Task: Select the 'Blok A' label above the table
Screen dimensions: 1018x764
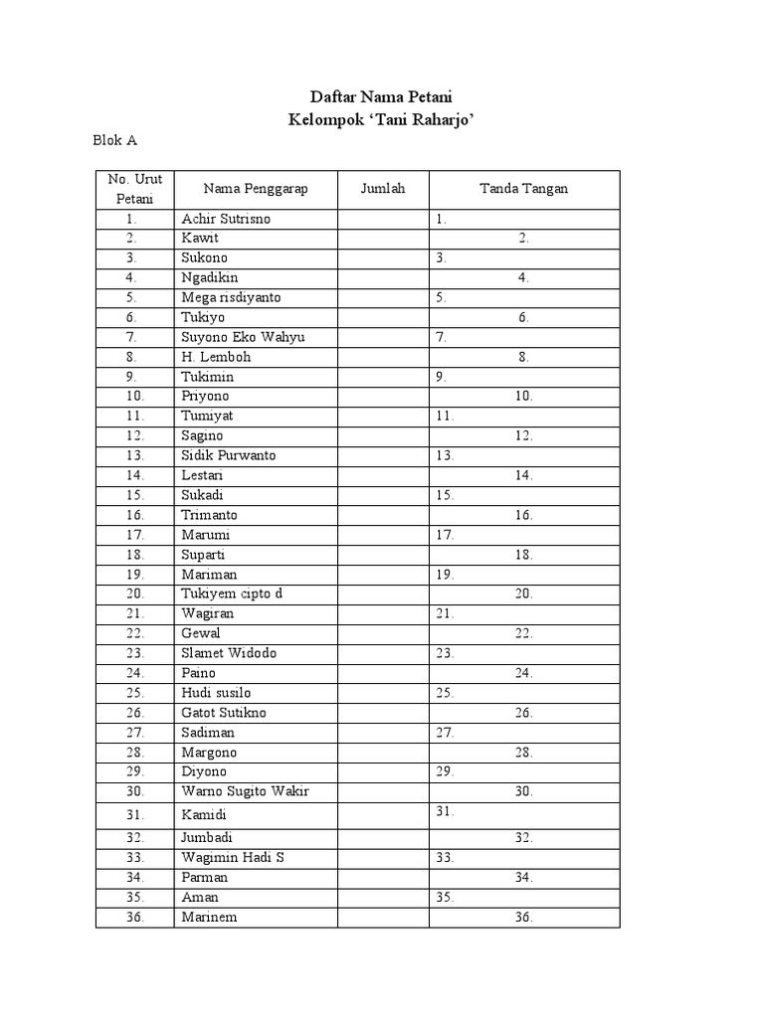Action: click(114, 140)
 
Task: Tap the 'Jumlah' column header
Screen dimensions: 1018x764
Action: click(383, 189)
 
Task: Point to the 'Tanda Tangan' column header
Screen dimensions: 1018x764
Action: click(523, 189)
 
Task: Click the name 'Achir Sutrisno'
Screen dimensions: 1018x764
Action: click(226, 219)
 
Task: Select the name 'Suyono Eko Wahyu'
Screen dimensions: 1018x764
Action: click(243, 337)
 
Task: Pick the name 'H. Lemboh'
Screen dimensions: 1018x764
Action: click(216, 357)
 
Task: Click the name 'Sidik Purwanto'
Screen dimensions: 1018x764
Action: click(229, 455)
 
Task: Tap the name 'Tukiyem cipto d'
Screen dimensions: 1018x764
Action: click(232, 594)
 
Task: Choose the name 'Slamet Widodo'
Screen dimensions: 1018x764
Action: click(229, 653)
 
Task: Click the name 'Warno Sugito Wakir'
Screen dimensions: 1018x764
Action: click(245, 791)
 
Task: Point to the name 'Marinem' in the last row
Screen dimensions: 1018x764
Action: click(209, 917)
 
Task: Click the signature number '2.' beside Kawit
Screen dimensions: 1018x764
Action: click(523, 239)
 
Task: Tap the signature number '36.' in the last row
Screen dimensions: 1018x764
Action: click(523, 917)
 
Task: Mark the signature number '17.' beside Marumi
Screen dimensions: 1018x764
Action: click(445, 535)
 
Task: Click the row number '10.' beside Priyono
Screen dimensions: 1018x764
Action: click(136, 397)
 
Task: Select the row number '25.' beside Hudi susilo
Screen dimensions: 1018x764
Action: click(136, 693)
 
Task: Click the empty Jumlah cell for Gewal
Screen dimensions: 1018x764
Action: click(383, 633)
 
